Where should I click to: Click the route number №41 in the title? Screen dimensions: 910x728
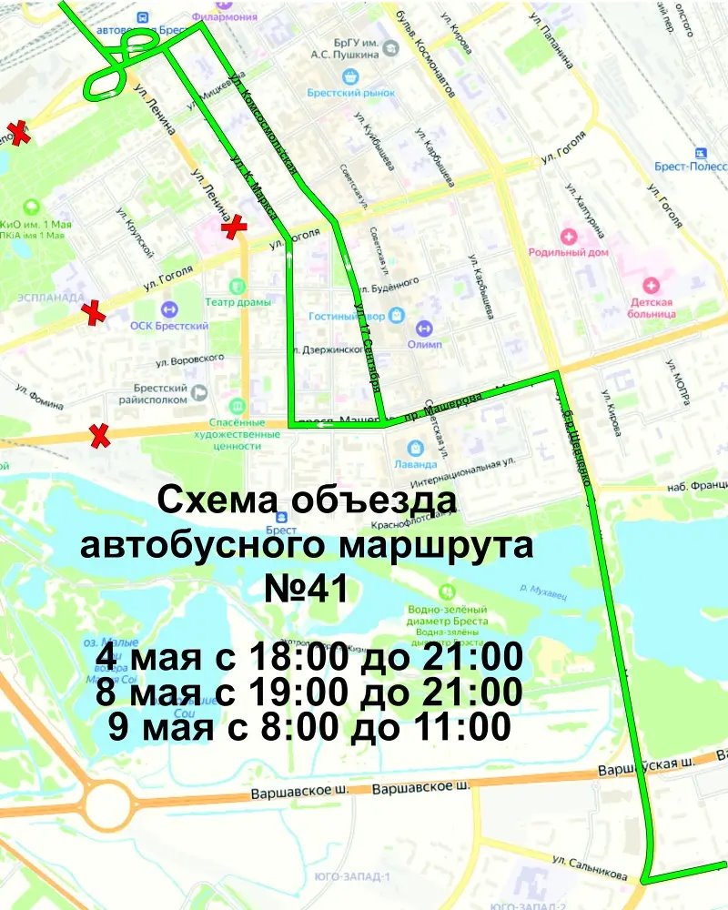tap(306, 588)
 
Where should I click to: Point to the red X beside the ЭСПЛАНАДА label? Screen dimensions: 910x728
tap(93, 314)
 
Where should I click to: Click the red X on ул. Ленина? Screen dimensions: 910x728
tap(235, 227)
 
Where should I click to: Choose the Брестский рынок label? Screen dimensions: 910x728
tap(350, 93)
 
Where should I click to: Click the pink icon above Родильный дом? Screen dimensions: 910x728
tap(570, 236)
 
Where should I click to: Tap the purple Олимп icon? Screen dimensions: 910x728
tap(423, 328)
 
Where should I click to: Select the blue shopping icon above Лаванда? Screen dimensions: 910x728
tap(416, 448)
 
